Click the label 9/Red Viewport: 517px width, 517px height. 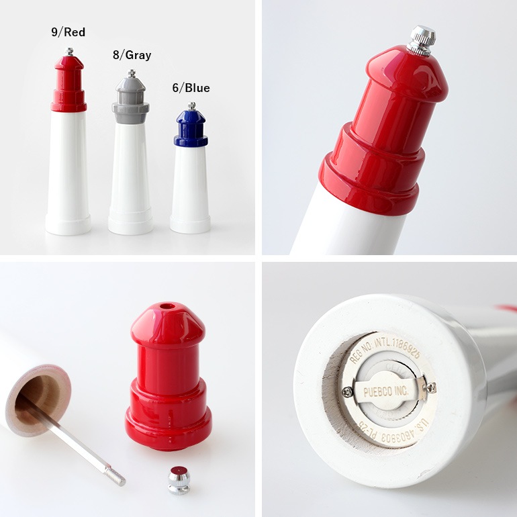coord(68,32)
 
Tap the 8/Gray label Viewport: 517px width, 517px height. coord(132,55)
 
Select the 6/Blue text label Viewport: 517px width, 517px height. coord(190,88)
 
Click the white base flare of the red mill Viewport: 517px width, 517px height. coord(68,224)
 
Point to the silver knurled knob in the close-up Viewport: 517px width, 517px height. coord(422,40)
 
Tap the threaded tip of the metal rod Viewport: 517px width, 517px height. coord(117,479)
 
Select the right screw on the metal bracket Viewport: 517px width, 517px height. coord(430,387)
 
